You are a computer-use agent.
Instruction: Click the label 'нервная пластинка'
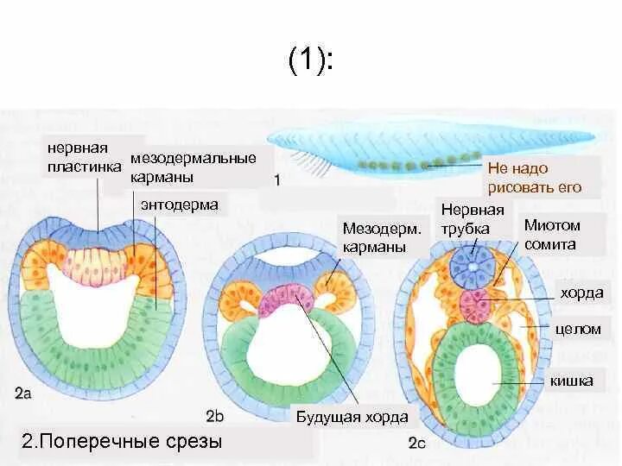coord(83,157)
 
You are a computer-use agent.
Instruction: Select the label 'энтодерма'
coord(179,205)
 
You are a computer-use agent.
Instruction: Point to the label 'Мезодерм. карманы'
coord(382,237)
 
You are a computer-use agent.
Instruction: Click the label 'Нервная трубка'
coord(472,219)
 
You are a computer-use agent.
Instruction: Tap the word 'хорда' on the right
coord(581,293)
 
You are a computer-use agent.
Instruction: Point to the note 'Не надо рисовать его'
coord(533,178)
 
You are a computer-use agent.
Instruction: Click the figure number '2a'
coord(23,394)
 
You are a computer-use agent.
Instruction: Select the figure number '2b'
coord(214,415)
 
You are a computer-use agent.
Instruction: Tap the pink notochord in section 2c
coord(474,305)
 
